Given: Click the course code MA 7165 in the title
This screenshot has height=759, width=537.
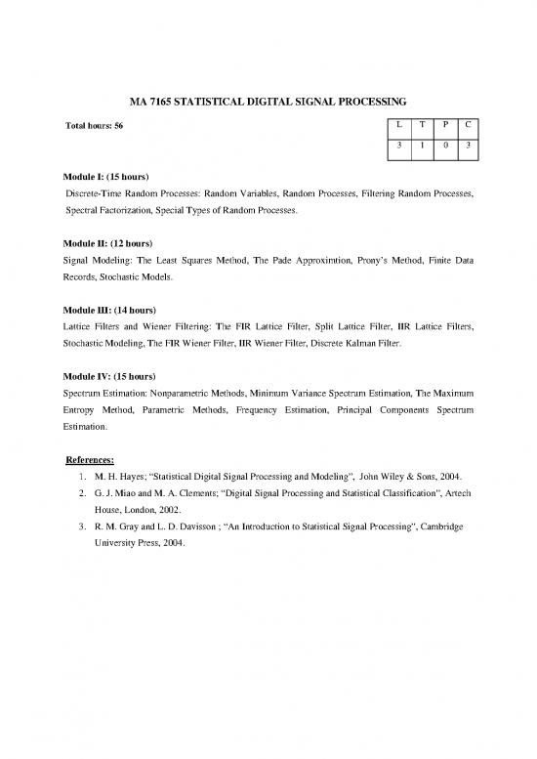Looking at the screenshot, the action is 153,101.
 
